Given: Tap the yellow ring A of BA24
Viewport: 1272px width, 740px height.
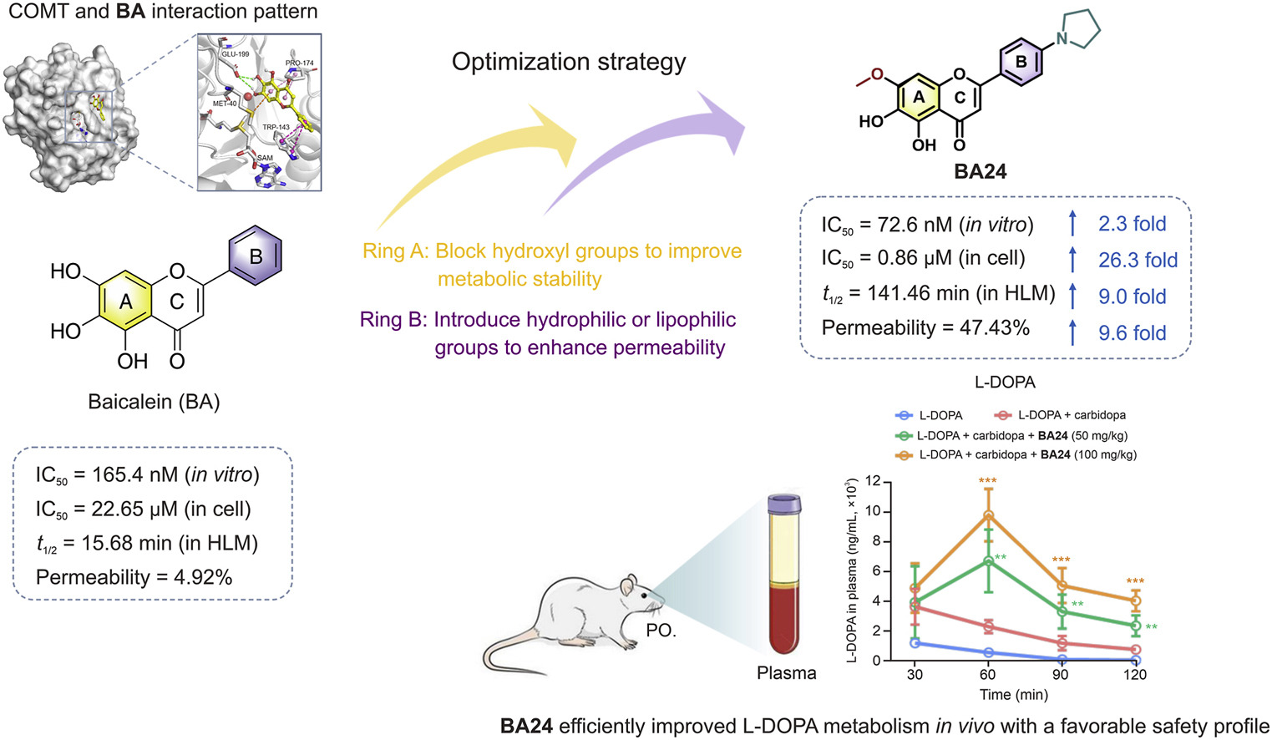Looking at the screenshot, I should coord(920,98).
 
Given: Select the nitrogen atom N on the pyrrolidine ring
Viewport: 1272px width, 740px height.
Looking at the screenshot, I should coord(1062,39).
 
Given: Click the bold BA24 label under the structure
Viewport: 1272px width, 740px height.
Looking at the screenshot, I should coord(980,172).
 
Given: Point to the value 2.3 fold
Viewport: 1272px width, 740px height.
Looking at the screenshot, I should coord(1132,224).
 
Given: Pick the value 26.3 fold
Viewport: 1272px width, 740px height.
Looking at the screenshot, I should coord(1138,260).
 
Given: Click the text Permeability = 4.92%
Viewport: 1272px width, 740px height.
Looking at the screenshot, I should coord(134,577).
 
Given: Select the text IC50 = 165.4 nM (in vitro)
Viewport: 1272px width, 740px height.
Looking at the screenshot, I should coord(147,474).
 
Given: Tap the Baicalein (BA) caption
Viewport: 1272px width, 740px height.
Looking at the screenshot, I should coord(154,402).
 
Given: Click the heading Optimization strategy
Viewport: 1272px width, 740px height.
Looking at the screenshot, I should coord(569,62).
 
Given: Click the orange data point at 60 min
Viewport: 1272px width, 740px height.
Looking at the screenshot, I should coord(988,515).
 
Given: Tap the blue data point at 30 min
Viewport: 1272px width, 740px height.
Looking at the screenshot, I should coord(915,643).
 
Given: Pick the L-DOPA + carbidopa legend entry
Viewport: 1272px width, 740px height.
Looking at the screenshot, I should coord(1062,415).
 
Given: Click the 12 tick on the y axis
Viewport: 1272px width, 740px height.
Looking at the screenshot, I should coord(873,481).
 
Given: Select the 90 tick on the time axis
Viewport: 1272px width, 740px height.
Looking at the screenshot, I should coord(1061,675).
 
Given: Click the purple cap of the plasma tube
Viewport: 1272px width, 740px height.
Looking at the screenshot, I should coord(784,504).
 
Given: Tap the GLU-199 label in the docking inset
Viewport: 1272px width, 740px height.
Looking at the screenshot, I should coord(236,54).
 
